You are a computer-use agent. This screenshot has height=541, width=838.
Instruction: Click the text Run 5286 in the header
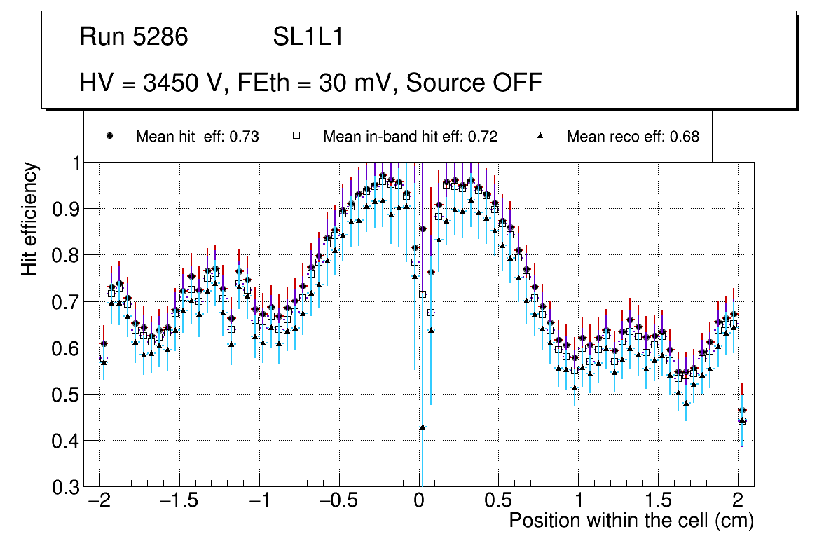click(x=134, y=37)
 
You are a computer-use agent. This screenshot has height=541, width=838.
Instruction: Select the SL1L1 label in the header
click(x=308, y=37)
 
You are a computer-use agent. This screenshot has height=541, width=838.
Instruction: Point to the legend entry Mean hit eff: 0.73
click(x=197, y=137)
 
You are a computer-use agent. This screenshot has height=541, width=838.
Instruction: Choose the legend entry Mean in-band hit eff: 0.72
click(x=410, y=137)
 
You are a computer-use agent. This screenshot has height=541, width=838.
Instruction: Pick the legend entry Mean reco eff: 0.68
click(x=633, y=137)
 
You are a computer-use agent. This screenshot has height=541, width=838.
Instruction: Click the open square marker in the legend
click(x=296, y=136)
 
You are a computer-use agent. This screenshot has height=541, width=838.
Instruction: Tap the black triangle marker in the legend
click(x=540, y=136)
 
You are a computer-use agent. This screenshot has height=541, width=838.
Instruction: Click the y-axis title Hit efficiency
click(x=30, y=219)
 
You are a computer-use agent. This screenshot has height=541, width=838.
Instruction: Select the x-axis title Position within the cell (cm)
click(x=631, y=521)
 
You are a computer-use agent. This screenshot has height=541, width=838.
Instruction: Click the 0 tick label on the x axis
click(x=419, y=502)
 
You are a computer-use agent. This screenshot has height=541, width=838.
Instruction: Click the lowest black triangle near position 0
click(x=423, y=427)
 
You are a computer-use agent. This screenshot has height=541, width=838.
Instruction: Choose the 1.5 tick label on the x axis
click(x=658, y=502)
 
